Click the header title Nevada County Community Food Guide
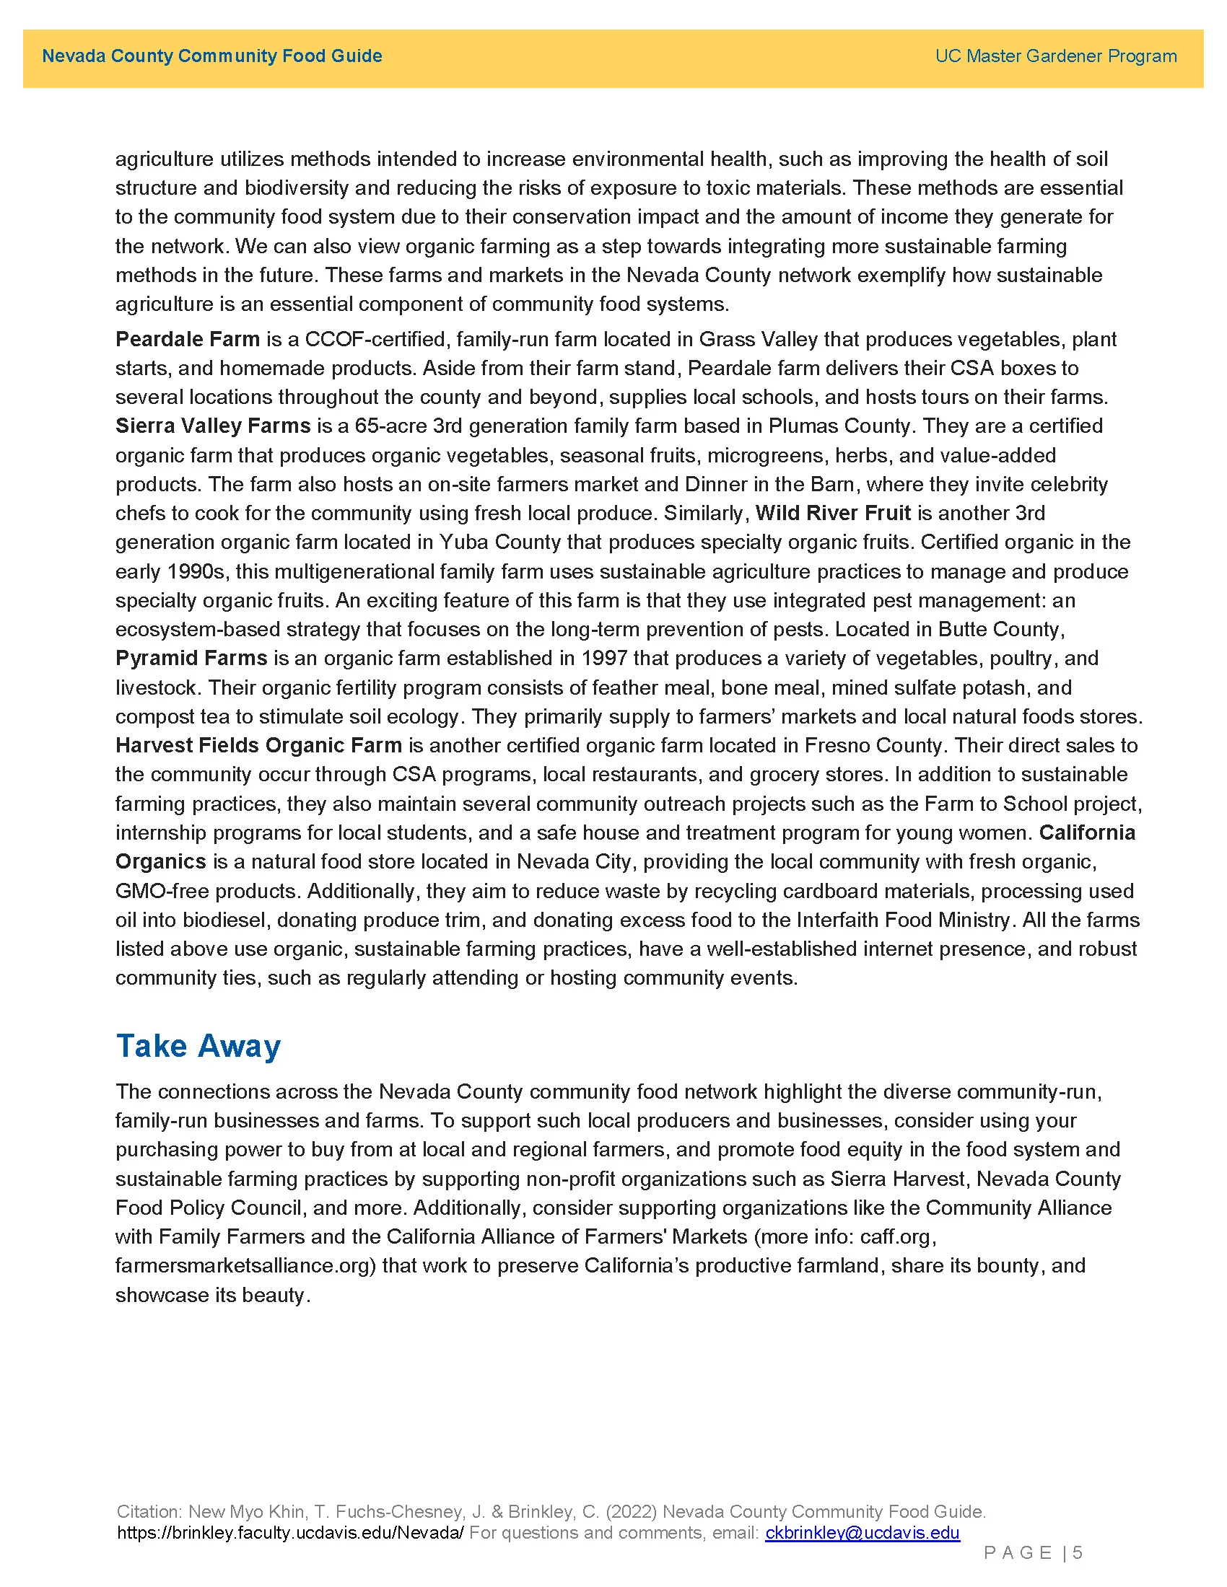coord(211,56)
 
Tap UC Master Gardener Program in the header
coord(1055,56)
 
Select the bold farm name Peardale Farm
coord(188,339)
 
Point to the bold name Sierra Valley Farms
coord(213,426)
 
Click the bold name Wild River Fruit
coord(833,513)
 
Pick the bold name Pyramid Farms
coord(191,659)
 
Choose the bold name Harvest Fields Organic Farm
coord(259,746)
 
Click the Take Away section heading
coord(198,1046)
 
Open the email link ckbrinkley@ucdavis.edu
coord(862,1532)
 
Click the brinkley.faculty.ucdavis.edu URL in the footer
coord(290,1532)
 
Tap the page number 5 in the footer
coord(1078,1553)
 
